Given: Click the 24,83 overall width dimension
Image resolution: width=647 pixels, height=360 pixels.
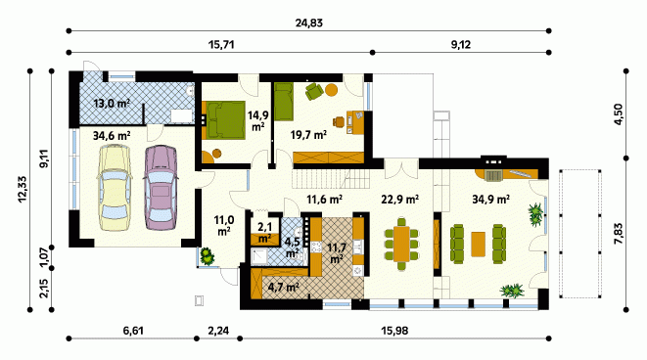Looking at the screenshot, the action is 308,22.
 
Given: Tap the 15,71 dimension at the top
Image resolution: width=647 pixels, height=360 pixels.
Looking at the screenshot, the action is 221,45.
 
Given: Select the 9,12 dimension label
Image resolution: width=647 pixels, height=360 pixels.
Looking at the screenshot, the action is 460,45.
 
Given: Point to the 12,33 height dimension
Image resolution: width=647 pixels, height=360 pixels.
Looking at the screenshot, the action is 23,189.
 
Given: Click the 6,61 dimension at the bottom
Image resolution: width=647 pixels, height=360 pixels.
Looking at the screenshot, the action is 133,331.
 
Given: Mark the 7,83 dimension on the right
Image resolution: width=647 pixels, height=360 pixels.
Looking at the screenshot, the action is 618,234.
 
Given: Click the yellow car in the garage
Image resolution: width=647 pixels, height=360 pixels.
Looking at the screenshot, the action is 114,188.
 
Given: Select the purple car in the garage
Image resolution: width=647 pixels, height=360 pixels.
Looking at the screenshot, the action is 161,187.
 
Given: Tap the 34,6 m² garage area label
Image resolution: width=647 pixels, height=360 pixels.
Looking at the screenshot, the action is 112,135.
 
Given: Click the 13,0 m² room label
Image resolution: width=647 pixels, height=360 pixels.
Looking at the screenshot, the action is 112,103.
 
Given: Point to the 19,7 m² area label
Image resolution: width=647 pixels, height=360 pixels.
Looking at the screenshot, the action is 308,135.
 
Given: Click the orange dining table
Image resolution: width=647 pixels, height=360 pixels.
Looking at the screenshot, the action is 401,245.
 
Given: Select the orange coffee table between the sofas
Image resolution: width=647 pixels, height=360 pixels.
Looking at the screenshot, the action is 479,245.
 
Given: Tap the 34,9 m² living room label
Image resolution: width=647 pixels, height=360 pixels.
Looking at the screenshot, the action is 490,200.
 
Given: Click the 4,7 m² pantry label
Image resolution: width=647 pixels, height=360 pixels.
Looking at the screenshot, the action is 284,287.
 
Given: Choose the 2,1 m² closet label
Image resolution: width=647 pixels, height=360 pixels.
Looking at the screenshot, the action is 264,233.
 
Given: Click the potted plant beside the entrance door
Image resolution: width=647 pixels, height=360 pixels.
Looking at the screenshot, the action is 208,255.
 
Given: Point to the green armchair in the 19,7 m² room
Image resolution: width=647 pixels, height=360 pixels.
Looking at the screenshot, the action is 314,91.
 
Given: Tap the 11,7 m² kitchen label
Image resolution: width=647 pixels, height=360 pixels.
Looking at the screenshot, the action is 337,253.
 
